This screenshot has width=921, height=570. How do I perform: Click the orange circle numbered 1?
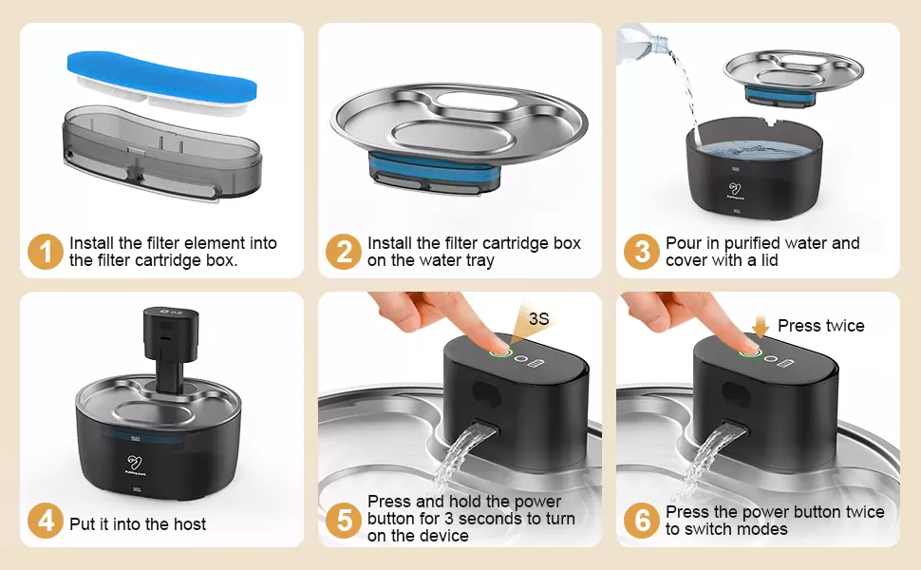[46, 252]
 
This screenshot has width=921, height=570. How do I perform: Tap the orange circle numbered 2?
[344, 252]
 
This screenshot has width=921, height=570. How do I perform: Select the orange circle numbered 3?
[642, 252]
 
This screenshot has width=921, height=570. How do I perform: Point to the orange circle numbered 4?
[46, 521]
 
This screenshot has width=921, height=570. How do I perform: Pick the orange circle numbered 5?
[344, 521]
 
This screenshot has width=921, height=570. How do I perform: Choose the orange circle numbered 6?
[642, 521]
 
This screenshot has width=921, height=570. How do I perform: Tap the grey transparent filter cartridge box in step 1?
[162, 153]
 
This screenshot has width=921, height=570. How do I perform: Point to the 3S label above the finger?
[538, 318]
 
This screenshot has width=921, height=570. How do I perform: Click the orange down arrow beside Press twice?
[760, 326]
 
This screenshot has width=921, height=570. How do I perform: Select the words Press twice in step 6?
[820, 326]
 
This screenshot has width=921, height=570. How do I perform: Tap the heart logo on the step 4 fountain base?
[135, 463]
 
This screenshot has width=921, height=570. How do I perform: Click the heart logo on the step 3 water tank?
[734, 189]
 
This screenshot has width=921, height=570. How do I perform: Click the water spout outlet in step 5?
[485, 428]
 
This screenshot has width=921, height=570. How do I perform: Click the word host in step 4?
[189, 524]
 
